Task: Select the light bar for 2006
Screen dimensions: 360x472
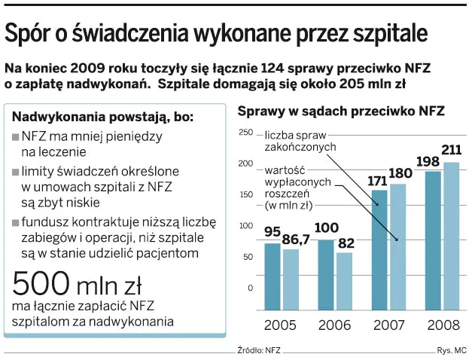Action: (343, 281)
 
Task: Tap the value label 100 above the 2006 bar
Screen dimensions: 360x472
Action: (326, 228)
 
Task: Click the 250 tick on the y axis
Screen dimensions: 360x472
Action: (245, 133)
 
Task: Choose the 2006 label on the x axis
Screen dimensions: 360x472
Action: (334, 325)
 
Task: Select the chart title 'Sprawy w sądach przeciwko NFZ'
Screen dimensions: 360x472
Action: (341, 111)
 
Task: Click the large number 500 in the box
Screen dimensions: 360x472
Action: (43, 285)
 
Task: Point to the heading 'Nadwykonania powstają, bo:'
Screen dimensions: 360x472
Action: (102, 117)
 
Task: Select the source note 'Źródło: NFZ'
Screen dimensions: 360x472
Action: (259, 351)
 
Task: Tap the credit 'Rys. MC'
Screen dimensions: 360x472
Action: (452, 351)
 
